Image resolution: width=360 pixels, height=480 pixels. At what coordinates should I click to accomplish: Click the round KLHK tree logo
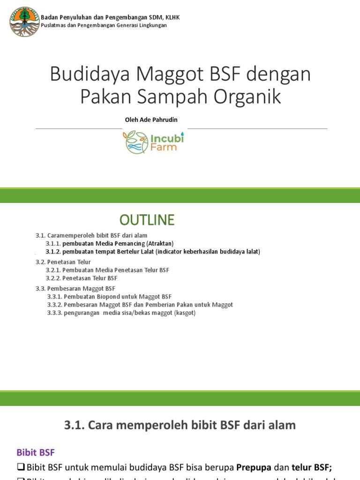24,22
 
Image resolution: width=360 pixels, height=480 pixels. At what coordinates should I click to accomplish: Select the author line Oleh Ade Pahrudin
151,120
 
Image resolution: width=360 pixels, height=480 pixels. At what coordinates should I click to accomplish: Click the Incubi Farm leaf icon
136,142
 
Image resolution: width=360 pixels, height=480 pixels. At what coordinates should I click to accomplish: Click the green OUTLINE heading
147,219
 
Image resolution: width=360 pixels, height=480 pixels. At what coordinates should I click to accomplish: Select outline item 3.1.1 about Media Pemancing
110,243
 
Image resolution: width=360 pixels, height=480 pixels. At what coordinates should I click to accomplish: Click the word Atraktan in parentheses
160,243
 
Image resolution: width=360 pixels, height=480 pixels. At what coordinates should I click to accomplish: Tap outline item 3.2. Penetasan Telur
63,262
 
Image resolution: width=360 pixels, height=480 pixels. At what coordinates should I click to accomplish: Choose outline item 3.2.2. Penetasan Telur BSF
82,278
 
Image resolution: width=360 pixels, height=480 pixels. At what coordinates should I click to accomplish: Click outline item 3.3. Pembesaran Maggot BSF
75,288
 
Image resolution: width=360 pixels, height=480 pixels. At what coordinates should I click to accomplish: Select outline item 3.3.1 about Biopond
109,297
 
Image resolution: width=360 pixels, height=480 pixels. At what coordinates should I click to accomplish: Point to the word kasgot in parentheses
185,313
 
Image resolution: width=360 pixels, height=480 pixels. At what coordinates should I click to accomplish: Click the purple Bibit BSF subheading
36,452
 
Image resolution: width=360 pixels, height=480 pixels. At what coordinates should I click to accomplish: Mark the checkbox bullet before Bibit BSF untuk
21,467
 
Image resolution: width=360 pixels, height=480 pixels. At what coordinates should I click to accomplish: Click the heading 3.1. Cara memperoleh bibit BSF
180,425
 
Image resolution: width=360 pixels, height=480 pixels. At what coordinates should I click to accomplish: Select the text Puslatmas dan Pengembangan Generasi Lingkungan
104,25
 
